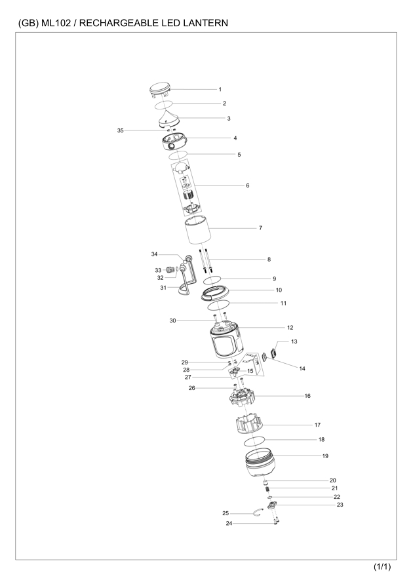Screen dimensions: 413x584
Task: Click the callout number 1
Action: [x=220, y=89]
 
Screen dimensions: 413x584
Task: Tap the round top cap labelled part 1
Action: [x=159, y=91]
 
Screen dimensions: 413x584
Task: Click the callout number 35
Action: [x=120, y=130]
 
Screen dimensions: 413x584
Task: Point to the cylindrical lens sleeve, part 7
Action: [x=199, y=231]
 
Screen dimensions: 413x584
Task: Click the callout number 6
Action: [x=248, y=185]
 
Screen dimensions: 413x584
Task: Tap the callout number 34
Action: [x=154, y=254]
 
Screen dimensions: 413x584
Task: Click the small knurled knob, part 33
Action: [x=170, y=269]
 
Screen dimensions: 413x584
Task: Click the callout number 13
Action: [x=294, y=341]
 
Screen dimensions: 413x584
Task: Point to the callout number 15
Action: [x=250, y=371]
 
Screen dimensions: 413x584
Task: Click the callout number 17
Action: [x=317, y=425]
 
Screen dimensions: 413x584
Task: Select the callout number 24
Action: [x=229, y=524]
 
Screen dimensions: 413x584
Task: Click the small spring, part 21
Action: [x=267, y=489]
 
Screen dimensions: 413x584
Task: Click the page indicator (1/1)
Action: [x=382, y=567]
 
